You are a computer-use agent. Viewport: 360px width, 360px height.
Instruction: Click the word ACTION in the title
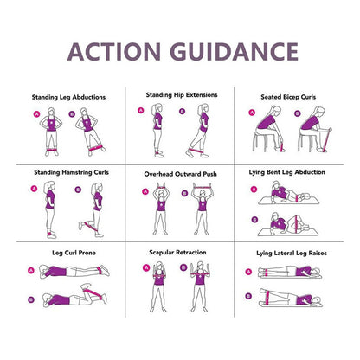[114, 52]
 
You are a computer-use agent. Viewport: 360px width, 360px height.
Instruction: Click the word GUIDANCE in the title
[235, 52]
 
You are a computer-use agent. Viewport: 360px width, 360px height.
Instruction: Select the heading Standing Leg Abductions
[68, 97]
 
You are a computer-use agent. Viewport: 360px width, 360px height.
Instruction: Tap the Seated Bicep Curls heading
[288, 97]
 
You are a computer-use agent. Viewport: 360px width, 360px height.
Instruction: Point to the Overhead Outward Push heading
[180, 174]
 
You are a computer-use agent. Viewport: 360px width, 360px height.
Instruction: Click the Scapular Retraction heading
[177, 253]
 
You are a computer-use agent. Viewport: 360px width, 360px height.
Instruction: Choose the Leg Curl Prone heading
[74, 253]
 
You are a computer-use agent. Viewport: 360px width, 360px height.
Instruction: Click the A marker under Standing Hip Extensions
[141, 110]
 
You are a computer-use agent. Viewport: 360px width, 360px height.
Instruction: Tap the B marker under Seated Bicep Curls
[298, 113]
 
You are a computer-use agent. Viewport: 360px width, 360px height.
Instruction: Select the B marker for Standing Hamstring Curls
[78, 190]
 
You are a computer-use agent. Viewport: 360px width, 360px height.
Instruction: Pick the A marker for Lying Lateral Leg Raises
[248, 272]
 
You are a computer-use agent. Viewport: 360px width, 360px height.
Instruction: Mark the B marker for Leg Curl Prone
[31, 299]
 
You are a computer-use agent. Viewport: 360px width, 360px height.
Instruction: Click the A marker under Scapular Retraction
[146, 268]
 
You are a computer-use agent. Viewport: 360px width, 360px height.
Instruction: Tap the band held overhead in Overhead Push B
[202, 188]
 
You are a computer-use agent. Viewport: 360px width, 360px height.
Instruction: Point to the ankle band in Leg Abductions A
[52, 150]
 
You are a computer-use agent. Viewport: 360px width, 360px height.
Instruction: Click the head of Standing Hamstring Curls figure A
[49, 187]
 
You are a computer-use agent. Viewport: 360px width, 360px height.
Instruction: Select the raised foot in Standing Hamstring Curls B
[80, 226]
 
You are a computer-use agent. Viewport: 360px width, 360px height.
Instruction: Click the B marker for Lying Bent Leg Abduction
[254, 220]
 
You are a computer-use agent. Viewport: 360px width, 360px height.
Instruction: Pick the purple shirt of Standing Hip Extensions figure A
[157, 121]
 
